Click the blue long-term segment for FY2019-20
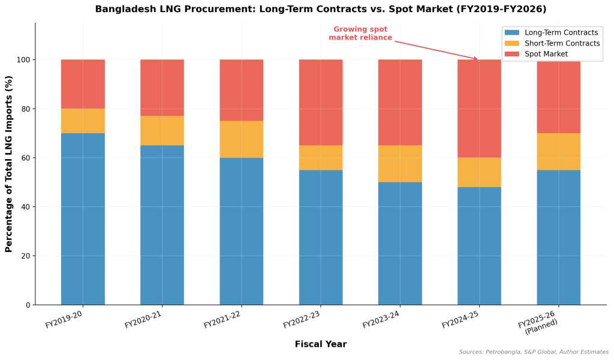click(x=83, y=219)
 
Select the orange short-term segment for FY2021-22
click(x=241, y=139)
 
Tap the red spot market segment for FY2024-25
click(x=479, y=109)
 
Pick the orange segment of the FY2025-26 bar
click(x=558, y=152)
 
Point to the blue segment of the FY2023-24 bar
click(x=400, y=244)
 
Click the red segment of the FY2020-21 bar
click(x=162, y=88)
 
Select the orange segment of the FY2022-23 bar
click(x=321, y=158)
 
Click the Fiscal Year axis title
click(x=320, y=344)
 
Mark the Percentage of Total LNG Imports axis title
click(x=9, y=164)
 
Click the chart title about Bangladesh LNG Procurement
click(x=320, y=9)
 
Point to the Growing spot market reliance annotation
click(x=360, y=34)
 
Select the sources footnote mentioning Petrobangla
click(x=534, y=352)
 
